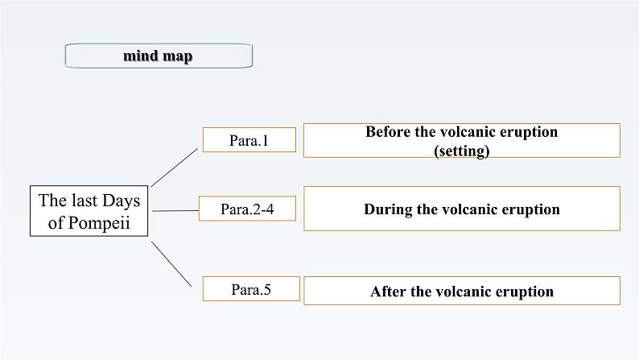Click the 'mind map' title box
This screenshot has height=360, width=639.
pos(159,56)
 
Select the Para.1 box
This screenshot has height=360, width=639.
pos(249,140)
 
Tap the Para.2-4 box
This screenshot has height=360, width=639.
pos(247,209)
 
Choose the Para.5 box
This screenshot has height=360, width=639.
pos(251,289)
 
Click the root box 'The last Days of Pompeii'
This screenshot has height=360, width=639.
pos(89,211)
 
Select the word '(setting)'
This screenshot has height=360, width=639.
pos(461,150)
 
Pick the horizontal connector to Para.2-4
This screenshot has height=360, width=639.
pos(174,211)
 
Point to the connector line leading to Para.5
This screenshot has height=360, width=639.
pos(171,262)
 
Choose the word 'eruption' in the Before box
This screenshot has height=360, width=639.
pos(527,131)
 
